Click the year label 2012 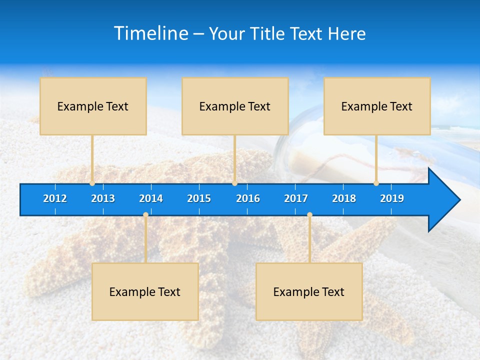[55, 198]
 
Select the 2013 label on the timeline [103, 198]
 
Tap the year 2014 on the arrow [151, 198]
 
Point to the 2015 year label [199, 198]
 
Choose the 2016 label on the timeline [248, 198]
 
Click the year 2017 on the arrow [296, 198]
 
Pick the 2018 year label [344, 198]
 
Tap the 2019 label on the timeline [392, 198]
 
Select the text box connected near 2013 [93, 106]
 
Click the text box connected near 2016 [235, 106]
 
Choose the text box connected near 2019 [377, 106]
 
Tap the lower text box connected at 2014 [145, 291]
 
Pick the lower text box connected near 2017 [309, 291]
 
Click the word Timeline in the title [150, 33]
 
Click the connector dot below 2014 [145, 215]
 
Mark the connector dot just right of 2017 [309, 215]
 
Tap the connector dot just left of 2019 [376, 183]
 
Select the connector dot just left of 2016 [234, 183]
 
